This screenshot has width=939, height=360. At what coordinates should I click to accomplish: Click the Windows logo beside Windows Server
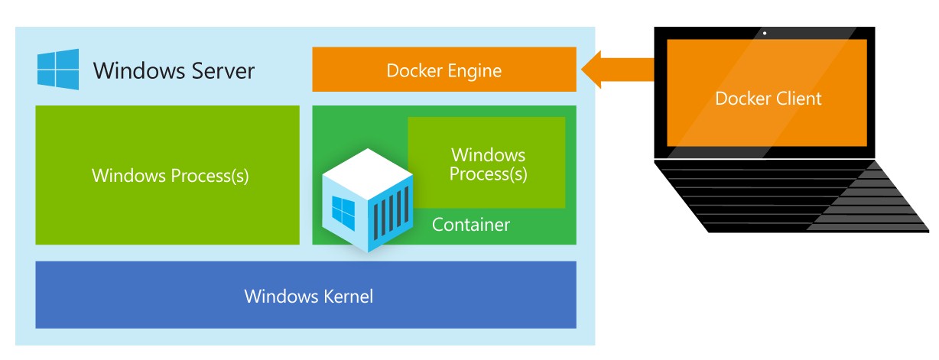point(58,69)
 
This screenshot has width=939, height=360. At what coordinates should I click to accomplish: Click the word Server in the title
point(223,70)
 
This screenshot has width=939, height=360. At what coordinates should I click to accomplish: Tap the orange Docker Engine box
point(444,69)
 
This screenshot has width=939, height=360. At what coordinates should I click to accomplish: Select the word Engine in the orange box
point(475,71)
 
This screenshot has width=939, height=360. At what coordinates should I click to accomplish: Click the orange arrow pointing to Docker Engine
point(618,69)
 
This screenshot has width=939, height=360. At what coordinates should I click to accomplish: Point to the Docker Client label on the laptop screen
point(768,99)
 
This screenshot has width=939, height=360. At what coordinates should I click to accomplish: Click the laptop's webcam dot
point(765,33)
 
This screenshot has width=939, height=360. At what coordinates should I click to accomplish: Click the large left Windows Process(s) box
point(167,175)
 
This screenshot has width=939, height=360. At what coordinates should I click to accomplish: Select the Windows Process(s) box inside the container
point(486,163)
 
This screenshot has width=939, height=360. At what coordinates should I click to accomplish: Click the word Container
point(471,225)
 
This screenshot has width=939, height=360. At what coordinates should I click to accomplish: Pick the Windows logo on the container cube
point(343,213)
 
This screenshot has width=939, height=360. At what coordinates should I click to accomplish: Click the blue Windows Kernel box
point(306,294)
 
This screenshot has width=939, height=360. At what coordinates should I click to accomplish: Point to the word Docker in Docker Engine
point(414,70)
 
